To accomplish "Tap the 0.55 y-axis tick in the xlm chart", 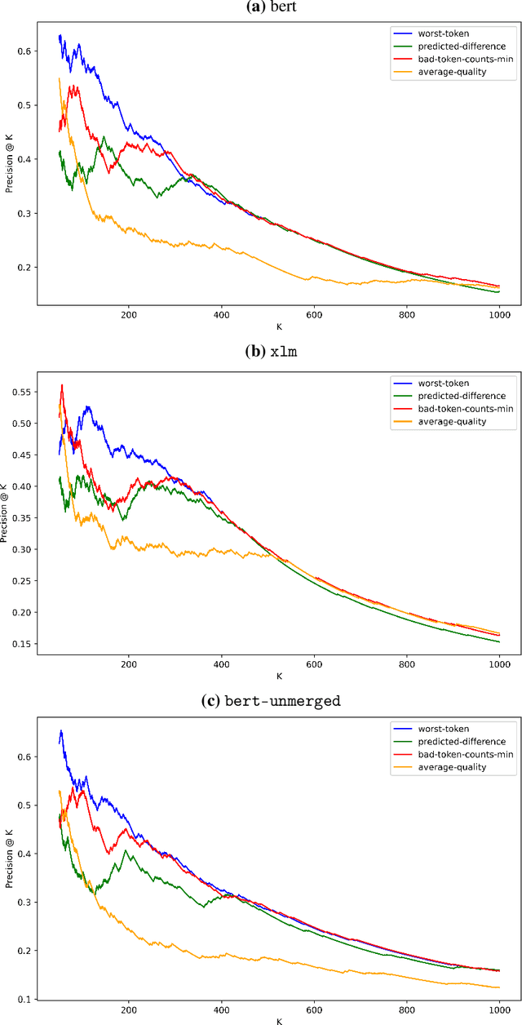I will (x=20, y=393).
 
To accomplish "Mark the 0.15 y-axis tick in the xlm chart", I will (x=20, y=644).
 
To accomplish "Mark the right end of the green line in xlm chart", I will (x=499, y=641).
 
